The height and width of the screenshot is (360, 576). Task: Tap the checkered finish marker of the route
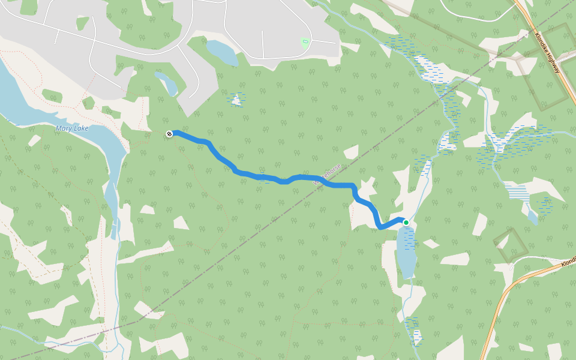[170, 134]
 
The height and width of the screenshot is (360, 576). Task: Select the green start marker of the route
[406, 223]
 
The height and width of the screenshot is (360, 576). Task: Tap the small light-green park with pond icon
[305, 42]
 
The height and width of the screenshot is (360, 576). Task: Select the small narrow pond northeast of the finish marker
[166, 83]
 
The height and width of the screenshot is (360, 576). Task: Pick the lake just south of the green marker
[406, 252]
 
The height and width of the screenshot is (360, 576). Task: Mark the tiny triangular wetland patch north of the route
[238, 98]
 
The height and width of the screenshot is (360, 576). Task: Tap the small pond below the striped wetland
[532, 215]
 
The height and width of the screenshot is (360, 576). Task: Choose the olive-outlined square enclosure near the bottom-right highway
[511, 245]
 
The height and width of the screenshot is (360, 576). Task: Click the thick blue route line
[264, 177]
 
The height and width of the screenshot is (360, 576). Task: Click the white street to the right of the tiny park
[324, 42]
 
